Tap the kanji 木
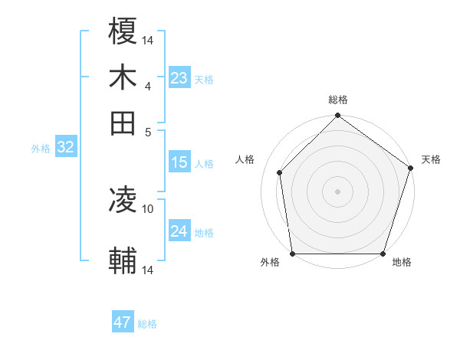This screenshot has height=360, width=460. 123,77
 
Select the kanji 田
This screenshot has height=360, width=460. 123,123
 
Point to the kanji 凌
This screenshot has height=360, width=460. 123,201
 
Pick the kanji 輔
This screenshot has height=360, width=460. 123,261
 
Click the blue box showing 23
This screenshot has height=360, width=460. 179,78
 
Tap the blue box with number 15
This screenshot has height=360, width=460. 179,162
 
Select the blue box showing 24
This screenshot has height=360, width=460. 179,231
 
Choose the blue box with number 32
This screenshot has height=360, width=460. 65,148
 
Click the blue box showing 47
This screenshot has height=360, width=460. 123,322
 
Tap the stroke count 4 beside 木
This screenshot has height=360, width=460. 148,86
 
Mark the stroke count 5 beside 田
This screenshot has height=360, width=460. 148,132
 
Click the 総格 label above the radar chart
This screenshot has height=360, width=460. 337,100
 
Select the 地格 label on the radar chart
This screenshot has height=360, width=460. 402,263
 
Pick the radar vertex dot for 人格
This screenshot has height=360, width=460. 280,172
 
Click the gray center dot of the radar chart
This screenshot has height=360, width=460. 337,191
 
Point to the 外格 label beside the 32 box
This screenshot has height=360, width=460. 40,149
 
